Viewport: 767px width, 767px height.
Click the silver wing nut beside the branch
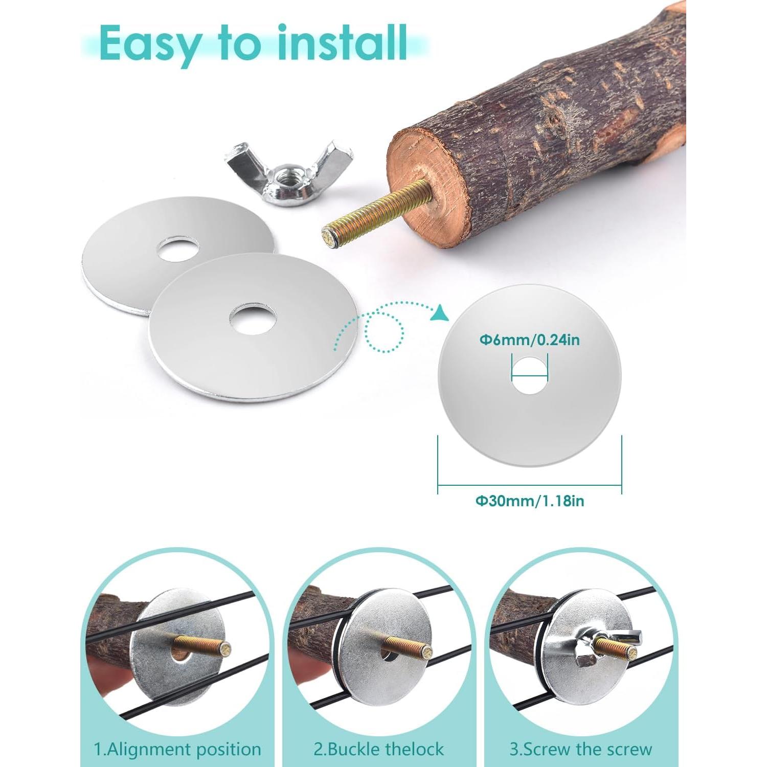[x=287, y=169]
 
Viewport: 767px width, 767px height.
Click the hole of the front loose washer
[x=253, y=319]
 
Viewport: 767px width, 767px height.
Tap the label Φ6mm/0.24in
[x=529, y=340]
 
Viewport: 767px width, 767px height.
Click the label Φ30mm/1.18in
[x=530, y=501]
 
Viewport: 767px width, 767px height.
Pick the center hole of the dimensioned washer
[x=530, y=376]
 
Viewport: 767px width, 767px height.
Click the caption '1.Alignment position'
[x=177, y=750]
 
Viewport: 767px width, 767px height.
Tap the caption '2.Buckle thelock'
[x=379, y=750]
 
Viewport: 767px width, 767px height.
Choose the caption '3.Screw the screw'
[x=580, y=750]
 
